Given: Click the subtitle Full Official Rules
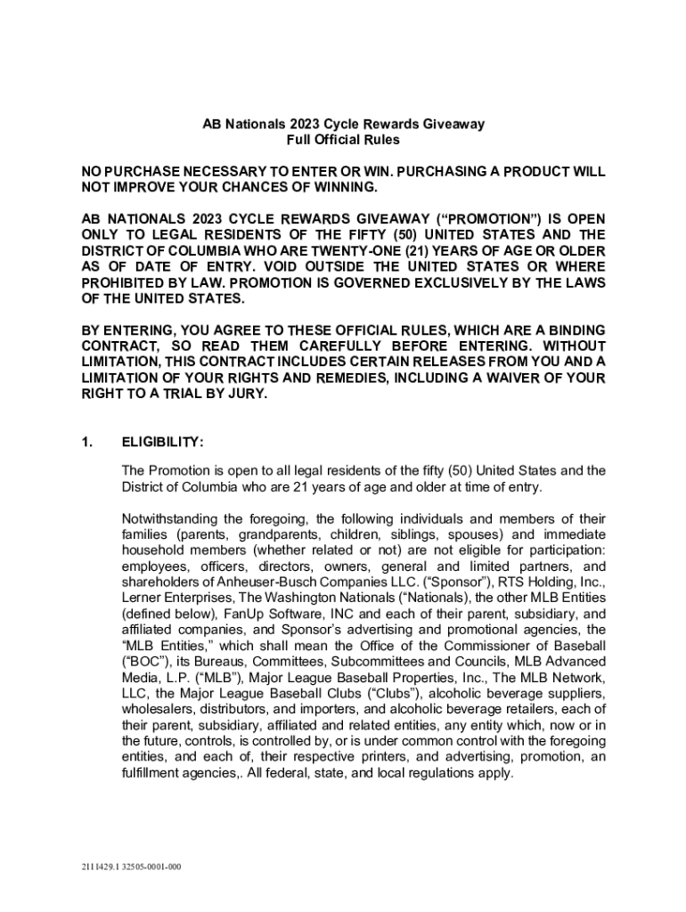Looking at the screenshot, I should click(343, 140).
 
